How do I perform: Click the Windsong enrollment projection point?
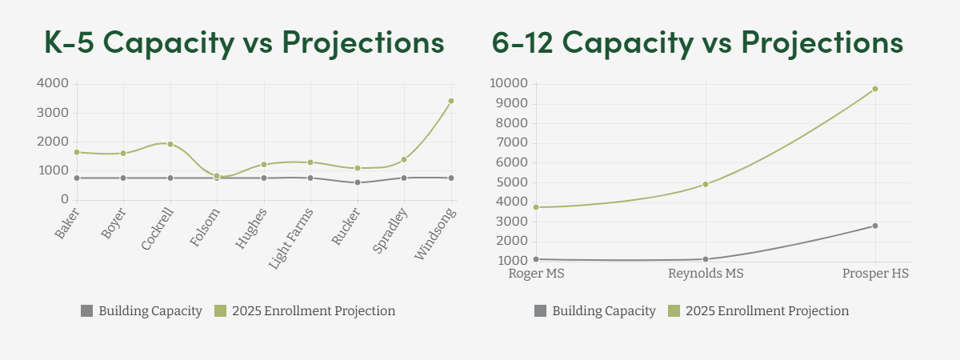(x=451, y=101)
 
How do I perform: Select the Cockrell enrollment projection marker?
(x=170, y=144)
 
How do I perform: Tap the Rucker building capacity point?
(x=358, y=182)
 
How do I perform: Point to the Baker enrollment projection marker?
(x=77, y=152)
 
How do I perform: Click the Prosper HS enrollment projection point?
(x=875, y=89)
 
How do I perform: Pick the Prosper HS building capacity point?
(x=875, y=226)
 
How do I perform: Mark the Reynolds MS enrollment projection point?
(x=706, y=184)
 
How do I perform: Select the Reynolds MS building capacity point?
(x=706, y=259)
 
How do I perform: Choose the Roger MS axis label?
(x=536, y=274)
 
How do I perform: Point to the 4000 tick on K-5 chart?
(x=53, y=83)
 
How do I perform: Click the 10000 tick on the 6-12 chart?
(x=508, y=83)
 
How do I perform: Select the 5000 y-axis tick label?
(x=511, y=182)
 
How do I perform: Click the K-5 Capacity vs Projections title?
(x=244, y=42)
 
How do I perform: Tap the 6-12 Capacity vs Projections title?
(x=698, y=42)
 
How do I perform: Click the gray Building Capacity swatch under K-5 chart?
(x=87, y=310)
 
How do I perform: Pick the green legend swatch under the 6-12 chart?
(x=674, y=310)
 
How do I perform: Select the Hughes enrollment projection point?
(x=264, y=165)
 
